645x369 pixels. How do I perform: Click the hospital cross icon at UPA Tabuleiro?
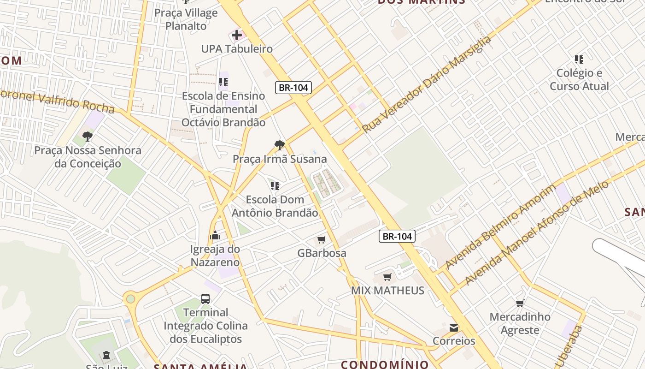pos(236,35)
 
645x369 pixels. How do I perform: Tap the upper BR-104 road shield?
pos(293,88)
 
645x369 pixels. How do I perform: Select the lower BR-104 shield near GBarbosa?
pos(397,236)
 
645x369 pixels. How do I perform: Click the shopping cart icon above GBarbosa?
pos(322,239)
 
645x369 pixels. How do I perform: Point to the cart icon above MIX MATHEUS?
pos(387,277)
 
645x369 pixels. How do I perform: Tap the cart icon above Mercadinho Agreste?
pos(520,303)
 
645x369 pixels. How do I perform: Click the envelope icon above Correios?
pos(454,327)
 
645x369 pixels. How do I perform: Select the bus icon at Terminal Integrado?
pos(205,299)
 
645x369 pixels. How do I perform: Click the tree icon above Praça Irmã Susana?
pos(279,145)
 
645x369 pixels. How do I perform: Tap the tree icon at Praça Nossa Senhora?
pos(87,137)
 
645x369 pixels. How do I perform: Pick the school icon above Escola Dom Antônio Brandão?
pos(275,186)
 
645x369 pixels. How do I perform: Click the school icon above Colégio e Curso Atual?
pos(579,60)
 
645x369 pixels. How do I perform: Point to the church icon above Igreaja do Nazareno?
pos(215,236)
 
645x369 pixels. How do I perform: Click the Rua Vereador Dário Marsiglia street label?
pos(427,85)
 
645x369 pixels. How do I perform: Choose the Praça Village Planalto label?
pos(186,19)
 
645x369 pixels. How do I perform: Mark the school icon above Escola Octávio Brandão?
pos(223,83)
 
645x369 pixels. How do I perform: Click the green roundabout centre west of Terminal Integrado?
pos(131,298)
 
